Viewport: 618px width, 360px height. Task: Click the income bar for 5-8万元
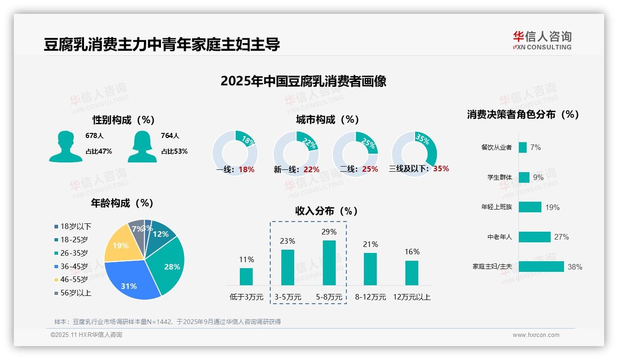point(329,263)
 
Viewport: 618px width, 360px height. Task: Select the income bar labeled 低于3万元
point(246,276)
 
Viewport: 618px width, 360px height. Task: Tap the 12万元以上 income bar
point(412,273)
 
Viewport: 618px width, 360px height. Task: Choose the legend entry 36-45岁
point(73,266)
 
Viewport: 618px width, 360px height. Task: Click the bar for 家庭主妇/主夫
point(541,267)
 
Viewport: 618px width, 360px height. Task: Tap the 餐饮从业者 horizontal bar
point(523,147)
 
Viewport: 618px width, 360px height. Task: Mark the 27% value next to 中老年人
point(561,237)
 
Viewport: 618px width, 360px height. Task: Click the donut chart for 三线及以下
point(414,148)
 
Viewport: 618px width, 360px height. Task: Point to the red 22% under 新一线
point(311,170)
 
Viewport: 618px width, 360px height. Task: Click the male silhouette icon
point(66,146)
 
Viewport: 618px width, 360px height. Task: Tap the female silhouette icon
point(142,146)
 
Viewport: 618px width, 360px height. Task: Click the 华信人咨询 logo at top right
point(542,40)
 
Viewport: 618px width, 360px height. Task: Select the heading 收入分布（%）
point(327,211)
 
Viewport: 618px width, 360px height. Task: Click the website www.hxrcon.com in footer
point(535,335)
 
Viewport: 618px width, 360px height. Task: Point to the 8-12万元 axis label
point(370,297)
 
